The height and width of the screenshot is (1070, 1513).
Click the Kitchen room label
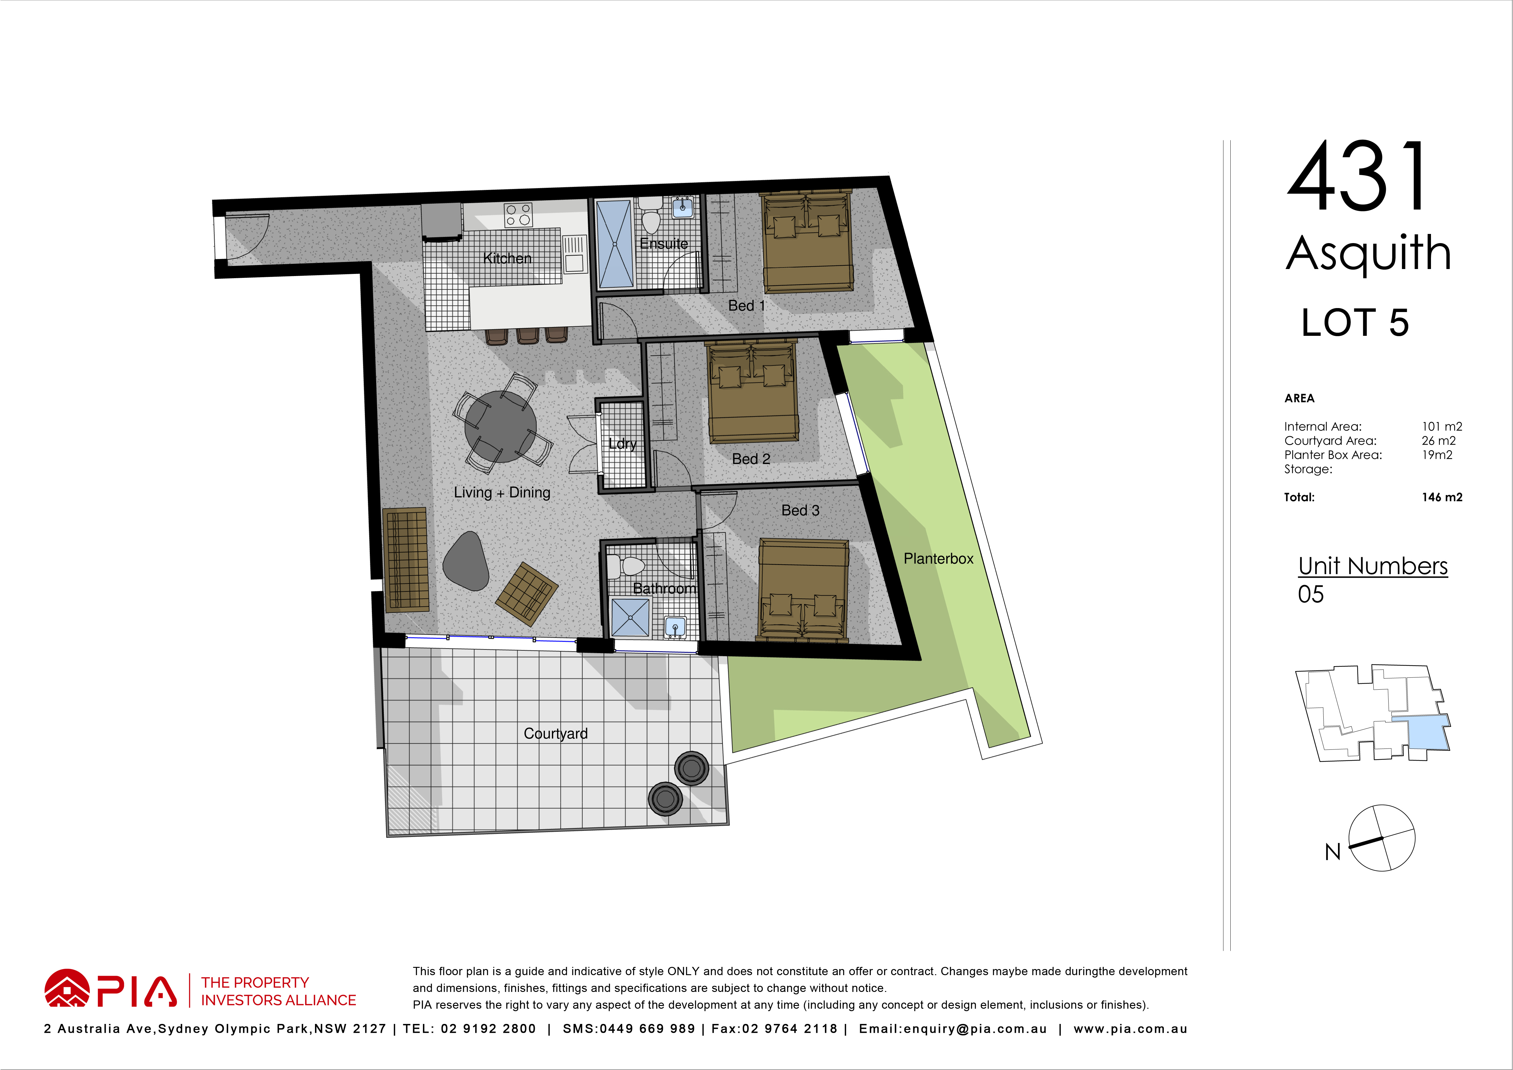point(507,258)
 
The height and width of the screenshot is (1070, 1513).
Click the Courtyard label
point(556,734)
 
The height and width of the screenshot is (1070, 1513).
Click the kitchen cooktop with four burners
point(518,215)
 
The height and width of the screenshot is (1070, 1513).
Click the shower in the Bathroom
point(630,617)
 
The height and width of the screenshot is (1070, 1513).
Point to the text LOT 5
point(1355,322)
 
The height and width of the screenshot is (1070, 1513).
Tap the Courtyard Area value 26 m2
point(1439,440)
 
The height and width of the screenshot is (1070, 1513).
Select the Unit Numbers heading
point(1373,566)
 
